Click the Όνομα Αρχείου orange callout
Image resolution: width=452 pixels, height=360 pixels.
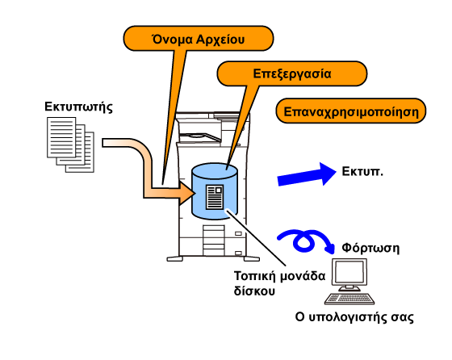tap(199, 39)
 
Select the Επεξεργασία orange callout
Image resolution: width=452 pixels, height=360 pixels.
tap(291, 73)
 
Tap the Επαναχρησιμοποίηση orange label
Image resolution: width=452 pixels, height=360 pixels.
tap(351, 111)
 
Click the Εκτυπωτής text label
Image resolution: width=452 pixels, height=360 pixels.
tap(78, 107)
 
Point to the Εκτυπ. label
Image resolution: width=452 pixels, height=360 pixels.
tap(362, 171)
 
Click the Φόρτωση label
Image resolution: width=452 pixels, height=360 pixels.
tap(370, 248)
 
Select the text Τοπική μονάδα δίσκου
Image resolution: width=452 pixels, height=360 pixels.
tap(279, 283)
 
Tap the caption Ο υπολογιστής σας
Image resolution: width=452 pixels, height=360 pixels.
tap(354, 317)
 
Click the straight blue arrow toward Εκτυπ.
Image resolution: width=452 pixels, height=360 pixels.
tap(307, 174)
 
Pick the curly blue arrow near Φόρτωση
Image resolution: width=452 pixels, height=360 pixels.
tap(306, 241)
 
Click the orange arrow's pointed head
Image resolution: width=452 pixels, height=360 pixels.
tap(186, 193)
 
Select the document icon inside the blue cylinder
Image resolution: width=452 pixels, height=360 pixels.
tap(215, 198)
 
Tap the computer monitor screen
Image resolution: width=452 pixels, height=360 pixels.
tap(349, 272)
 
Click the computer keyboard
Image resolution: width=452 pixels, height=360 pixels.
tap(349, 299)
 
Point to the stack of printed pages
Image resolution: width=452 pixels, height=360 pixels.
tap(71, 144)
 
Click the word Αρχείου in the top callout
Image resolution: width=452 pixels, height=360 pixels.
tap(220, 40)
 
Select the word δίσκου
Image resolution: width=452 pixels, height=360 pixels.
tap(250, 291)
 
